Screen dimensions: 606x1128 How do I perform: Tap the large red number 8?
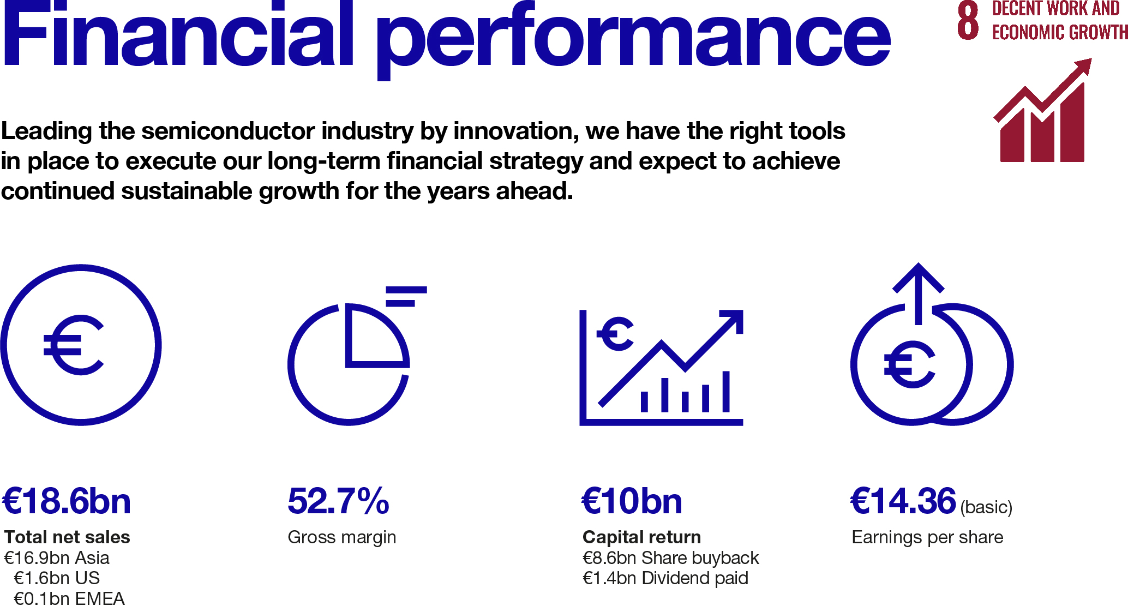coord(968,21)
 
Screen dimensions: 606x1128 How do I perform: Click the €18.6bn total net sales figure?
coord(67,501)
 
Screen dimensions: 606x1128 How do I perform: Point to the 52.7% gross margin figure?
coord(338,501)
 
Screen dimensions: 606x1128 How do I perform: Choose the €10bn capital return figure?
coord(632,501)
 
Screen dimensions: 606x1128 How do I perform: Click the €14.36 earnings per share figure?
coord(903,501)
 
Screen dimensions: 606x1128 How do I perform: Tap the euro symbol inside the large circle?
coord(73,345)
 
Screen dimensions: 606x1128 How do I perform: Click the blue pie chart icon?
coord(349,363)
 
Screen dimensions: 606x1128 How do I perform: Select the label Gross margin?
coord(341,537)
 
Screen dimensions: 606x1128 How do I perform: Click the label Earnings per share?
coord(927,537)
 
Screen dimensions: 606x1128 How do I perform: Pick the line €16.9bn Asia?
coord(57,558)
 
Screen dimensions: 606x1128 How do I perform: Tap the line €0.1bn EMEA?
coord(69,598)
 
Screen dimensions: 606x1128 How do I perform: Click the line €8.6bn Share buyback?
coord(670,558)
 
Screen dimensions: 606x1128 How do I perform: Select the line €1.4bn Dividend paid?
coord(665,578)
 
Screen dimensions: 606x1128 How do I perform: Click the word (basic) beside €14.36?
coord(986,507)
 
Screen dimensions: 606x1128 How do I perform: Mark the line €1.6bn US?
coord(57,578)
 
